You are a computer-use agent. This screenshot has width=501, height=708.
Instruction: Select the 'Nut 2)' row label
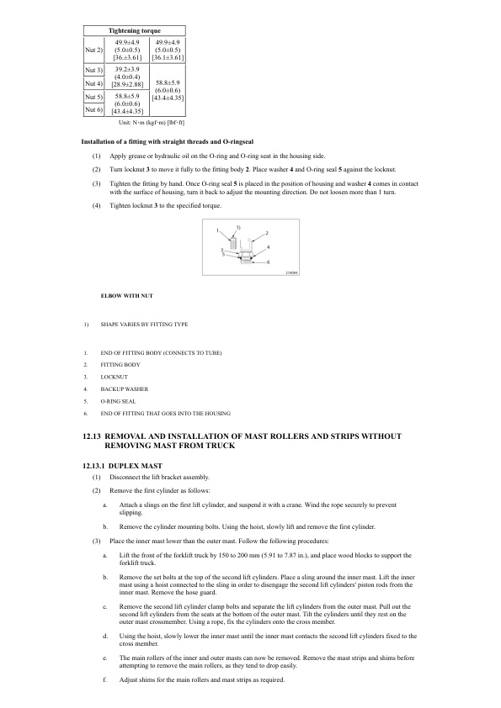click(x=94, y=49)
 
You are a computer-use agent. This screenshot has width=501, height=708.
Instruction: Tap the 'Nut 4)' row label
click(x=94, y=84)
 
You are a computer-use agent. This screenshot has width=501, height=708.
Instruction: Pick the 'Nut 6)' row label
click(x=94, y=109)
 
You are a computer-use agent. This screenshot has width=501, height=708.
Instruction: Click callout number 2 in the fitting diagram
click(x=267, y=231)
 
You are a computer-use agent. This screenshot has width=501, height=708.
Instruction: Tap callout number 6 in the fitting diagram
click(x=269, y=262)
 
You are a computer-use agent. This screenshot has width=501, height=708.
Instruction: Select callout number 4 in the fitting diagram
click(x=268, y=245)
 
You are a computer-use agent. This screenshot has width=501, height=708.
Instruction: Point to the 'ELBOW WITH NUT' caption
click(x=126, y=295)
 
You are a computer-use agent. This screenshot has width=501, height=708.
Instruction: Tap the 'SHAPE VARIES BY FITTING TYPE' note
click(x=145, y=324)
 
